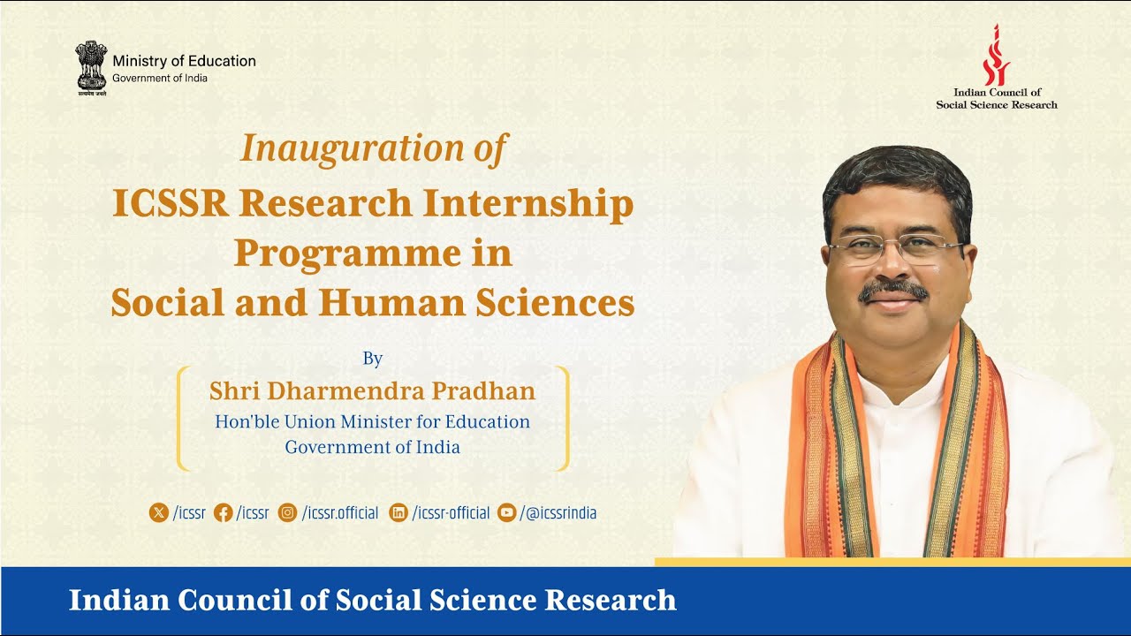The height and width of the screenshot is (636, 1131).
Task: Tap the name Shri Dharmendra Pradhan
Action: coord(372,390)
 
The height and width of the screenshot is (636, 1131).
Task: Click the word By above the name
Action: coord(372,358)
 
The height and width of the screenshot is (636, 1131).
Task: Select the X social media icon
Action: coord(158,512)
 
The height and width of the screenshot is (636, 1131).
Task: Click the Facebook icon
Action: coord(223,512)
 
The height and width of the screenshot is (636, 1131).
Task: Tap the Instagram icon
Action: coord(287,512)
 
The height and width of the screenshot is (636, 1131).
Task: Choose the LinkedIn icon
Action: coord(399,512)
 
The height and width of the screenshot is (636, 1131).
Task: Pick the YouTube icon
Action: coord(506,512)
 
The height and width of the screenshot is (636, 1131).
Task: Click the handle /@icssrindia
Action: coord(558,512)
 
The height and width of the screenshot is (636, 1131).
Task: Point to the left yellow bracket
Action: coord(181,418)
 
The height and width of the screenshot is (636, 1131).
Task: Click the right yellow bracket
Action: coord(564,418)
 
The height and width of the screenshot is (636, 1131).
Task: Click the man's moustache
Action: coord(893,289)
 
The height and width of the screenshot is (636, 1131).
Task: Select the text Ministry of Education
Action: coord(184,61)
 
